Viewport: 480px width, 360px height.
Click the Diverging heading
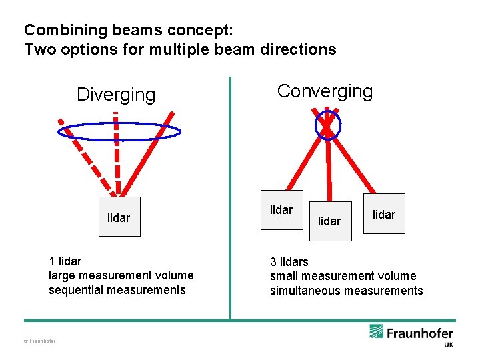click(x=116, y=95)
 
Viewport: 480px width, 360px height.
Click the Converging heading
click(x=325, y=91)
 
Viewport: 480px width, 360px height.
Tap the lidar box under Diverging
click(x=119, y=217)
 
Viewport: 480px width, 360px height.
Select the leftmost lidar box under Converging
click(x=281, y=210)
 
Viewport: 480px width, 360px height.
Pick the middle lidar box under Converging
click(x=329, y=221)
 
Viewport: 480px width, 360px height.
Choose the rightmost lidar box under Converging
click(x=384, y=214)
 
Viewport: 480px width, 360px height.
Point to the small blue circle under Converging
click(x=327, y=123)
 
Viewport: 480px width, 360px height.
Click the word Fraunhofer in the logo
click(x=420, y=333)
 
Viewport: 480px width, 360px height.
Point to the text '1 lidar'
click(x=65, y=261)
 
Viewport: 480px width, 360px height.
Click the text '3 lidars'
click(x=289, y=261)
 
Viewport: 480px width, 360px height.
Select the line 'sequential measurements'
click(x=117, y=289)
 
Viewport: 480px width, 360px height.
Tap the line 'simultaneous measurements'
click(x=346, y=290)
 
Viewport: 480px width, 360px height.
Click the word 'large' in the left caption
click(x=62, y=275)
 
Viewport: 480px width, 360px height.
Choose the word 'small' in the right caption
click(x=284, y=276)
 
